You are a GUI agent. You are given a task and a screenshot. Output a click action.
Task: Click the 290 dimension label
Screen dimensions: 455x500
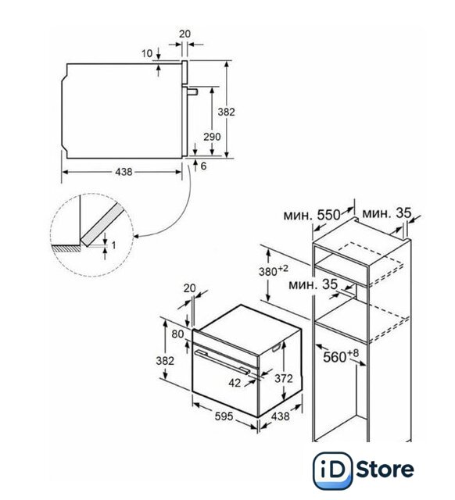[212, 137]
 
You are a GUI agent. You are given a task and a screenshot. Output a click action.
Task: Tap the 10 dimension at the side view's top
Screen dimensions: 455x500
[147, 53]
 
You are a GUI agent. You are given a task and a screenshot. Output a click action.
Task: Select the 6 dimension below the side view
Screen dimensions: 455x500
[203, 166]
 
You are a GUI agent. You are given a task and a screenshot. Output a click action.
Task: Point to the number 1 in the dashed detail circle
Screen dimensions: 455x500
[114, 245]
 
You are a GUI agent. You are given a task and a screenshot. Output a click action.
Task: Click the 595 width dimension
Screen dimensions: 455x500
[224, 416]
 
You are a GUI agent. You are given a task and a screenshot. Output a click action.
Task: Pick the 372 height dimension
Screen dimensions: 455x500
[284, 378]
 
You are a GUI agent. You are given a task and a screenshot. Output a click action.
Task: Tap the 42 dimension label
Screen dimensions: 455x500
[235, 383]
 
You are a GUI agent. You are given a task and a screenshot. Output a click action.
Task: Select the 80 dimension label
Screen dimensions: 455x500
[178, 334]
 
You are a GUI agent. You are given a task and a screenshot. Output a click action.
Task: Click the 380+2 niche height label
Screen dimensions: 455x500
[273, 271]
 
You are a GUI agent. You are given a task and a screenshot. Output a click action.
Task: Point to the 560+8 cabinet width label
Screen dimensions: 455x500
[341, 356]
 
